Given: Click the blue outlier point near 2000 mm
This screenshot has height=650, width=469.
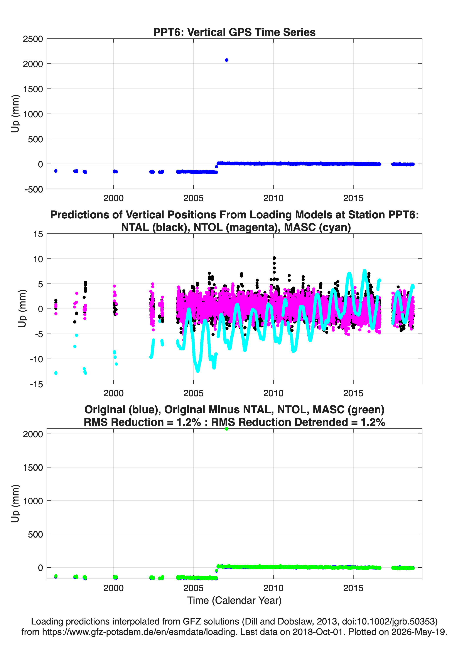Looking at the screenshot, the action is [x=226, y=60].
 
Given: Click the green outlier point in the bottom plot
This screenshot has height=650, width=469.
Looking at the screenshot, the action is [x=226, y=429].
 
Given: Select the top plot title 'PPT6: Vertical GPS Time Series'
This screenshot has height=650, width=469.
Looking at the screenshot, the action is [x=234, y=32].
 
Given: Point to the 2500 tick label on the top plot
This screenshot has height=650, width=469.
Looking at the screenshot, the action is [x=33, y=39].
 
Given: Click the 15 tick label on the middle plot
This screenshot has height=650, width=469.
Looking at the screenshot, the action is [x=38, y=234].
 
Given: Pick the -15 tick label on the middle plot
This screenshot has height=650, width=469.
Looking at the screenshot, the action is [x=36, y=384].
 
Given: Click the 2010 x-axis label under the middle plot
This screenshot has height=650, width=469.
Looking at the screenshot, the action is [x=273, y=393].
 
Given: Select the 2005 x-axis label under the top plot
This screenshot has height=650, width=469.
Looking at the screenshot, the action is [x=193, y=198].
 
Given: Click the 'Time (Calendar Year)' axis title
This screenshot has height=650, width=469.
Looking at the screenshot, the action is [x=234, y=601].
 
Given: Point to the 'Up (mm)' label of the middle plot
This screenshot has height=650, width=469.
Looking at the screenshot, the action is [x=22, y=308].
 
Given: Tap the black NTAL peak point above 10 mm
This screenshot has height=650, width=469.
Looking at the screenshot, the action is [x=274, y=258].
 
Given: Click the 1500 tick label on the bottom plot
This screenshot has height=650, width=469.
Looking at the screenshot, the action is [x=33, y=467].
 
